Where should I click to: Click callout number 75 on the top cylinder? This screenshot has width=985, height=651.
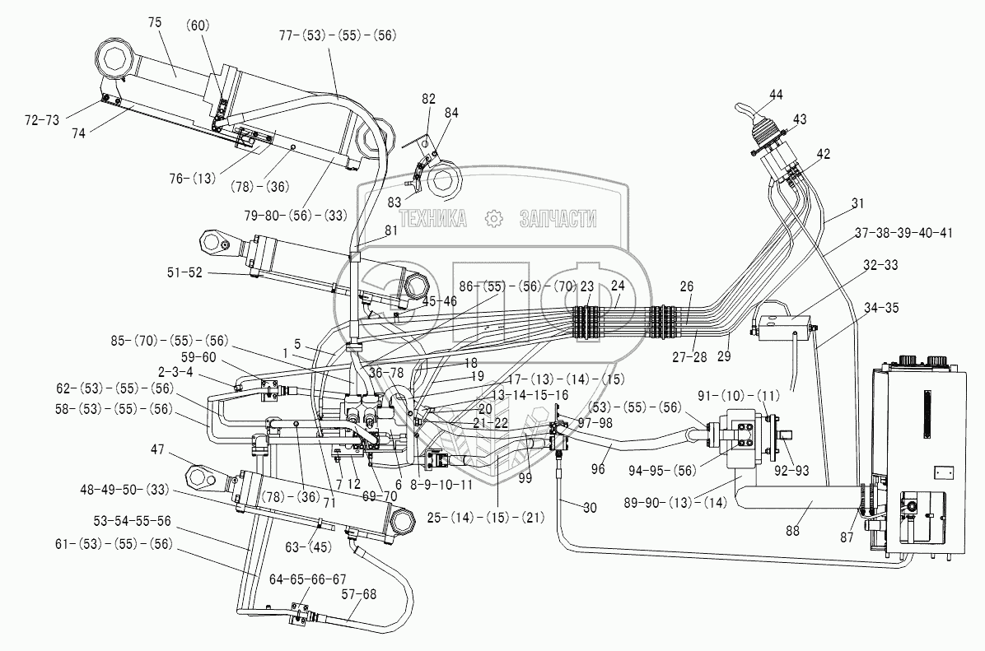tap(155, 22)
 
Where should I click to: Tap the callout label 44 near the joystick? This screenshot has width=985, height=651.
tap(776, 94)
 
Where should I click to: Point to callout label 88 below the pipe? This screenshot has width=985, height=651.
tap(793, 531)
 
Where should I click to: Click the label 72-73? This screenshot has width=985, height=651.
tap(42, 120)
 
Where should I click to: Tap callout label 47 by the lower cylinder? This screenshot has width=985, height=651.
tap(157, 449)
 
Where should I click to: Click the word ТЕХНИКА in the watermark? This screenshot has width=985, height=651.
tap(433, 218)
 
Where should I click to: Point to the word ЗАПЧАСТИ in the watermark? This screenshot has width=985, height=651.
tap(558, 218)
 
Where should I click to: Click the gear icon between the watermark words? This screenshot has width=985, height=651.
tap(494, 218)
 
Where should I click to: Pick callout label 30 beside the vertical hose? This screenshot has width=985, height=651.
tap(589, 507)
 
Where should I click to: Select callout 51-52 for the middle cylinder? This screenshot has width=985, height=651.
tap(184, 272)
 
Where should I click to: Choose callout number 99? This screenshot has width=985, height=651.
tap(525, 478)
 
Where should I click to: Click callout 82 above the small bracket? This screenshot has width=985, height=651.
tap(428, 100)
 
